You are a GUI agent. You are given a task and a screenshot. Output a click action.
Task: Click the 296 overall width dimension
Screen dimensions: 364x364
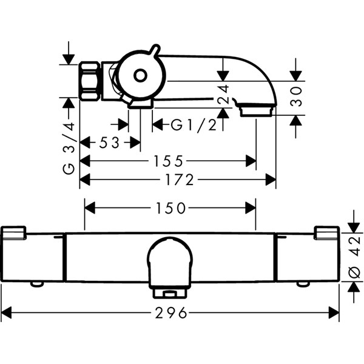pos(171,312)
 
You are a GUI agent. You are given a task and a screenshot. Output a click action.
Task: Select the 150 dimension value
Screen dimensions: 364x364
pos(171,207)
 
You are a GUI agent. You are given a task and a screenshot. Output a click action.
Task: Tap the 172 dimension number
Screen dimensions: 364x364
pos(180,180)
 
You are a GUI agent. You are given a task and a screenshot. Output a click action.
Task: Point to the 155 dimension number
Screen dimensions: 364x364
pos(169,161)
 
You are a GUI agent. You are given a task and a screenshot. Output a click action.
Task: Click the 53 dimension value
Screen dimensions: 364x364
pos(109,143)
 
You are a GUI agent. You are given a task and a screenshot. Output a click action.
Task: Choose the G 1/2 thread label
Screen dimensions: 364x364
pos(194,126)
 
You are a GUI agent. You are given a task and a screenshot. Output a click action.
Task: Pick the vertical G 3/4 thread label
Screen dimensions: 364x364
pos(69,148)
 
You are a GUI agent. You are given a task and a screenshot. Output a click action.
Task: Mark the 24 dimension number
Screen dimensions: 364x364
pos(223,94)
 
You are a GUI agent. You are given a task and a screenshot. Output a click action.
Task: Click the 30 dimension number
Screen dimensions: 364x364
pos(296,96)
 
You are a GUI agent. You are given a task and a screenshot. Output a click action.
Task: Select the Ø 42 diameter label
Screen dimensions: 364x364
pos(354,257)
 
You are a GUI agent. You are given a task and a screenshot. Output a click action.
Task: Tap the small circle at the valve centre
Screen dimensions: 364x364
pos(140,75)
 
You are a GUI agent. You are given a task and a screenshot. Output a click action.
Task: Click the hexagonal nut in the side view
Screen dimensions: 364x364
pos(90,81)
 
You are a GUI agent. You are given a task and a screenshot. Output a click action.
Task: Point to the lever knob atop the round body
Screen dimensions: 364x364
pos(155,50)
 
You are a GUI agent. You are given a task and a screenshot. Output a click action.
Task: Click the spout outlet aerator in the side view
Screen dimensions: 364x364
pos(256,111)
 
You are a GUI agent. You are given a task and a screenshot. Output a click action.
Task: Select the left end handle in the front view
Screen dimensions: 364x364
pos(32,254)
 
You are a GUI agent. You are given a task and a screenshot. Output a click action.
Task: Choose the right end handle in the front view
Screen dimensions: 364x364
pos(308,254)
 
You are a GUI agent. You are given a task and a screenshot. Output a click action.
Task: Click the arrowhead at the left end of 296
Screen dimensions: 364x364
pos(6,312)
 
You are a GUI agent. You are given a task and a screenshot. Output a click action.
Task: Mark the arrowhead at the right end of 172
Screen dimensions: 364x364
pos(271,180)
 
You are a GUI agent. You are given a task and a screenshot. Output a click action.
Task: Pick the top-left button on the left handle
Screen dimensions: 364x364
pos(13,232)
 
